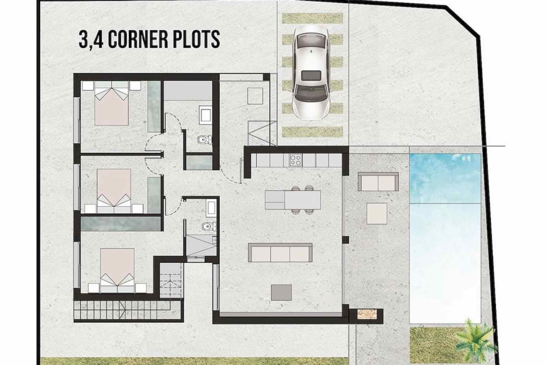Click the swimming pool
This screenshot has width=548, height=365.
(x=445, y=238)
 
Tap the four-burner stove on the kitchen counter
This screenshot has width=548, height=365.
(x=295, y=160)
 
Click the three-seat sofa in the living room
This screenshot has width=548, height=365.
(x=280, y=253)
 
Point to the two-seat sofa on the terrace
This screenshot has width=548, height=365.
(x=378, y=182)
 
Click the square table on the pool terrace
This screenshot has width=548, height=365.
(x=377, y=213)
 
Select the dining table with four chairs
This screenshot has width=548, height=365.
(x=293, y=199)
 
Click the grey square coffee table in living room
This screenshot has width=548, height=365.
(x=281, y=292)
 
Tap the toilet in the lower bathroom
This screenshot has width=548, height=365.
(x=208, y=227)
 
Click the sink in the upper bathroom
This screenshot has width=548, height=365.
(x=205, y=115)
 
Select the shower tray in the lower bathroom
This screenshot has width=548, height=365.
(x=201, y=245)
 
